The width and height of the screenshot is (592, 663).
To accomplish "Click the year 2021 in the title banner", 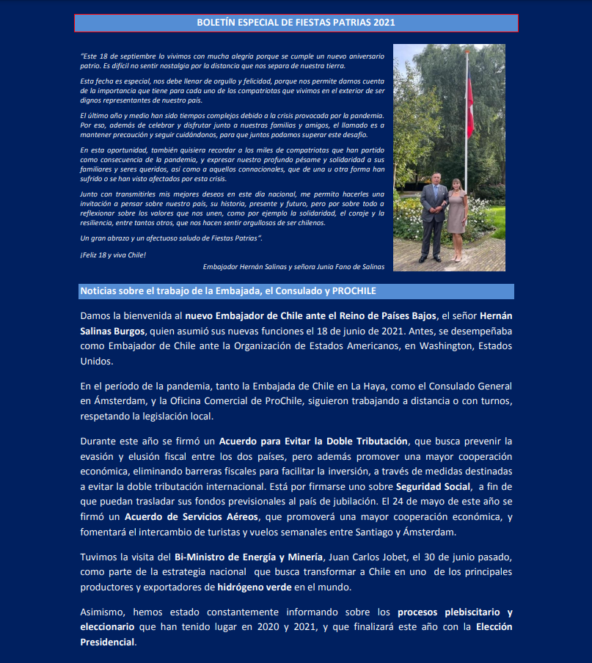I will [x=383, y=23].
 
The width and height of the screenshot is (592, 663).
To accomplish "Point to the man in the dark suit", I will [x=434, y=216].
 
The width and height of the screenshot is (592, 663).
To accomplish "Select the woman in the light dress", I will [x=458, y=216].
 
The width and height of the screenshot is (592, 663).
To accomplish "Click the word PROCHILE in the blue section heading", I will [x=354, y=291].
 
